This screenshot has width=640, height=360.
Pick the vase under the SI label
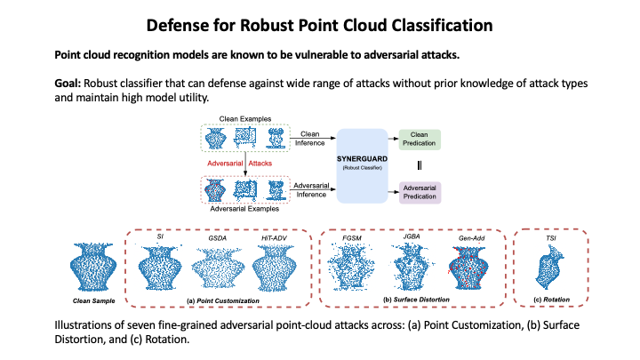coord(162,267)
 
